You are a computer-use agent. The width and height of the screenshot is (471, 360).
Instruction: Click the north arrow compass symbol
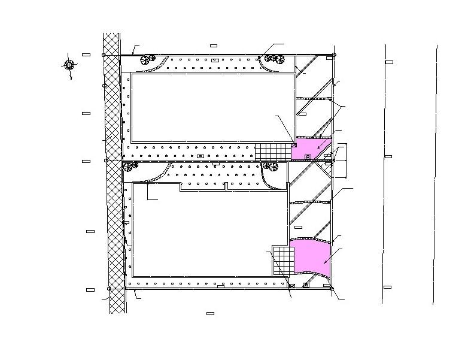(69, 64)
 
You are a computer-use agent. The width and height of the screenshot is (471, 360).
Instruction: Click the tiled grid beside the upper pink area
(272, 152)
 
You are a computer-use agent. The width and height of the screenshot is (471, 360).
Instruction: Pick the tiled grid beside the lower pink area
(282, 259)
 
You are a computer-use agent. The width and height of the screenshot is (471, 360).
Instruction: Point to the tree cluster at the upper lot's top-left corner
(147, 59)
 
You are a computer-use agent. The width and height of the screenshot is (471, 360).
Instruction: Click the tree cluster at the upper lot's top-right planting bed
(274, 58)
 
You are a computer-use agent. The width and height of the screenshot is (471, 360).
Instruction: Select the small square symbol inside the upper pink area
(308, 156)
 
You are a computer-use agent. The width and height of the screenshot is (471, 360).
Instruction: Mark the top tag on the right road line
(389, 62)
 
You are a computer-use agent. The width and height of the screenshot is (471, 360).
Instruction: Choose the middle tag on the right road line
(388, 156)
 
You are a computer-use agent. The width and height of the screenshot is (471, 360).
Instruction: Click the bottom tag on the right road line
(387, 287)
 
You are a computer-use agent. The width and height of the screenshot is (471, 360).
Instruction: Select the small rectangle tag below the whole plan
(210, 313)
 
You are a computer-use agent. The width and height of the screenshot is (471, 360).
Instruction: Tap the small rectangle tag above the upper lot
(214, 46)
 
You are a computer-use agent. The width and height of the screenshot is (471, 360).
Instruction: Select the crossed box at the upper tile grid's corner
(294, 144)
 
